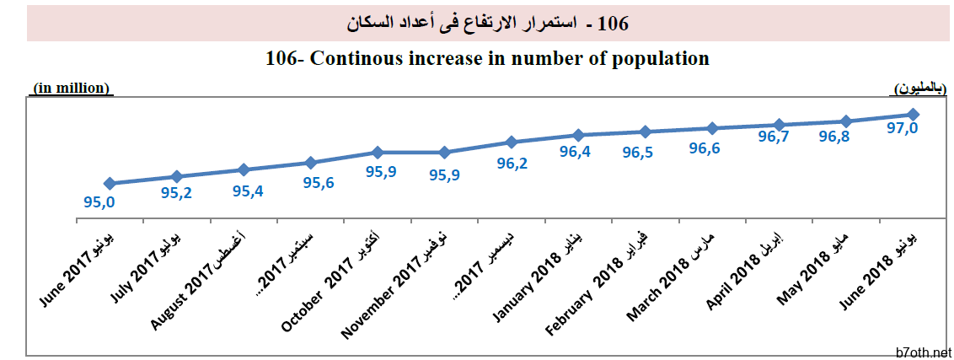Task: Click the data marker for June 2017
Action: click(x=110, y=183)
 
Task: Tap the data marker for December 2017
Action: click(x=511, y=142)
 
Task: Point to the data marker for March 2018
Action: click(x=712, y=128)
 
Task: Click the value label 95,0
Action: click(x=99, y=202)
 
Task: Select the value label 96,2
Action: click(x=512, y=164)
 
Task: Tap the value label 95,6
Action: click(x=318, y=183)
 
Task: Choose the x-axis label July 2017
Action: click(x=145, y=266)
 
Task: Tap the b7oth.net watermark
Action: click(x=924, y=352)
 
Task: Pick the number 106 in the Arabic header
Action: click(x=614, y=23)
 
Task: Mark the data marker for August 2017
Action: click(x=244, y=169)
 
